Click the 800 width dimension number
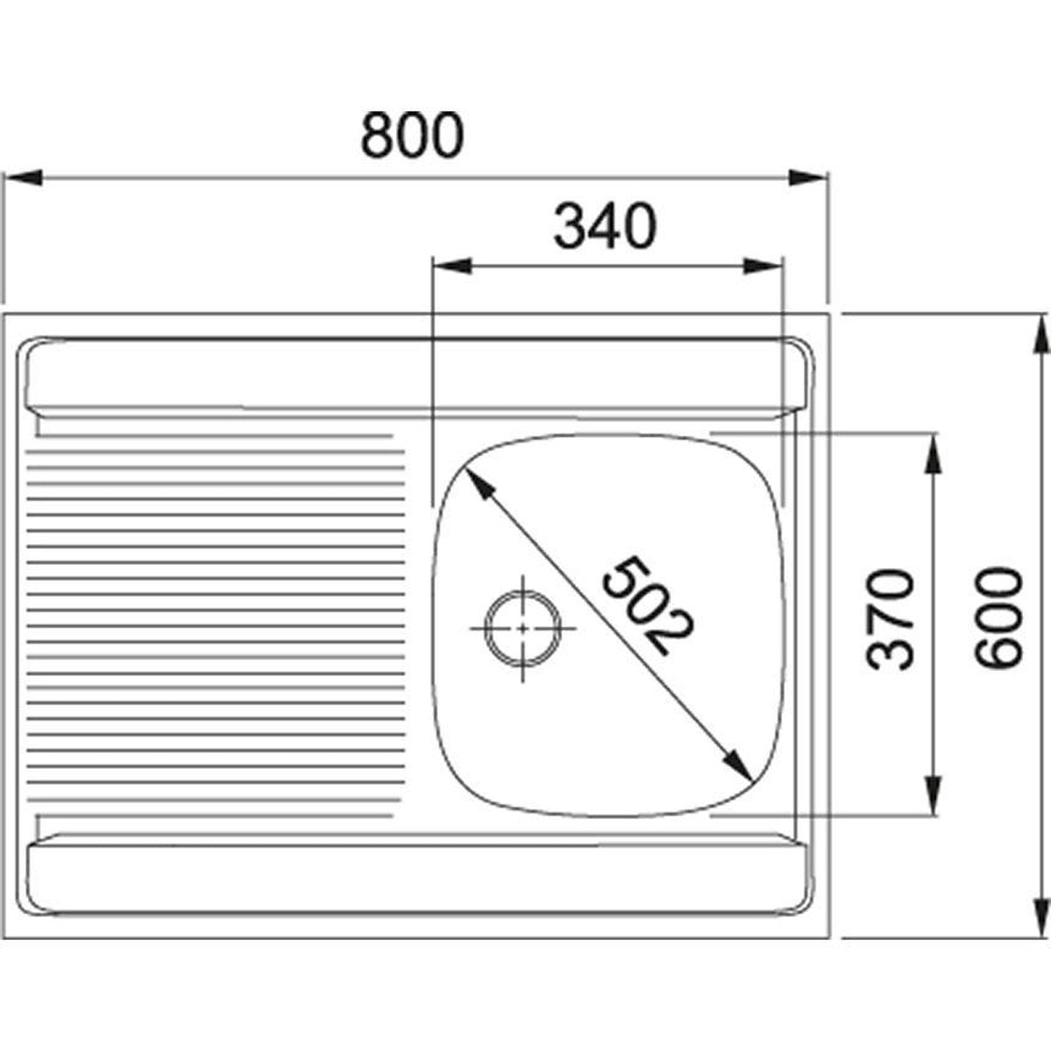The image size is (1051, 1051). [x=413, y=135]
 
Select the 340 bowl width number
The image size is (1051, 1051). [x=605, y=226]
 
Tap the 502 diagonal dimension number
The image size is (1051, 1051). [x=648, y=606]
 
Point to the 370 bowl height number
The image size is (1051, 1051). [x=890, y=620]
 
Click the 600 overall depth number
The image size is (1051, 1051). [x=999, y=617]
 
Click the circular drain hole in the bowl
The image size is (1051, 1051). [x=523, y=628]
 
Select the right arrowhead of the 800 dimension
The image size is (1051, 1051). [x=809, y=178]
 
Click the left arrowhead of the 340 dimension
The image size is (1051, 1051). [x=452, y=266]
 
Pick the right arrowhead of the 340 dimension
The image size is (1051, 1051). [x=764, y=266]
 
